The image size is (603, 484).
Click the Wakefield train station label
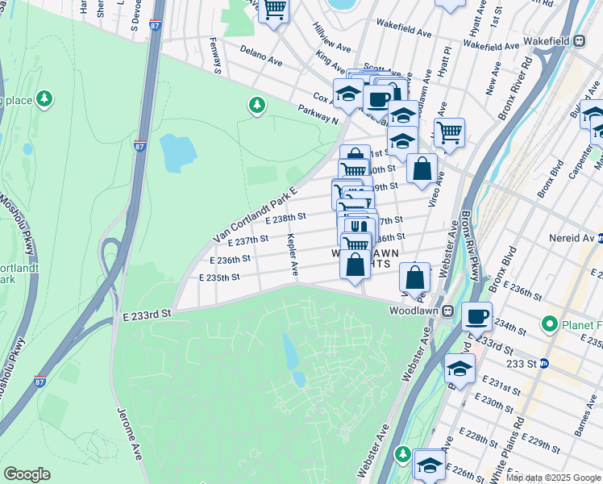(547, 40)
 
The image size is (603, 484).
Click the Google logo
(27, 474)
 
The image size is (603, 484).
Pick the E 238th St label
(285, 217)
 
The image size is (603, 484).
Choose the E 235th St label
(219, 277)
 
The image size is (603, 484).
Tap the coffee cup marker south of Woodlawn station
(476, 315)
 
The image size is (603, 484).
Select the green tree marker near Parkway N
(257, 105)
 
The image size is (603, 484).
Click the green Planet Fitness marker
(551, 324)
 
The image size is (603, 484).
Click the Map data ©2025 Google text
(553, 478)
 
